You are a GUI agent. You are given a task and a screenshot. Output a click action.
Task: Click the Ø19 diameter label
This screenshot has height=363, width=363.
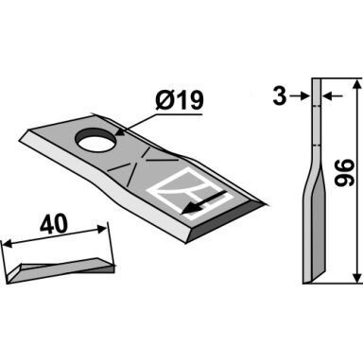point(180,100)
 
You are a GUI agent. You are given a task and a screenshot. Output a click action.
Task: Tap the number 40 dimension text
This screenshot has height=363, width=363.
point(54,224)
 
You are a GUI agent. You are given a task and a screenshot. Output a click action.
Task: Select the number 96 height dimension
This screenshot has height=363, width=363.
point(344,172)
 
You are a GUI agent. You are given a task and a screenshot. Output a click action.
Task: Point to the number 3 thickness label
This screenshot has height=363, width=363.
point(280,96)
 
